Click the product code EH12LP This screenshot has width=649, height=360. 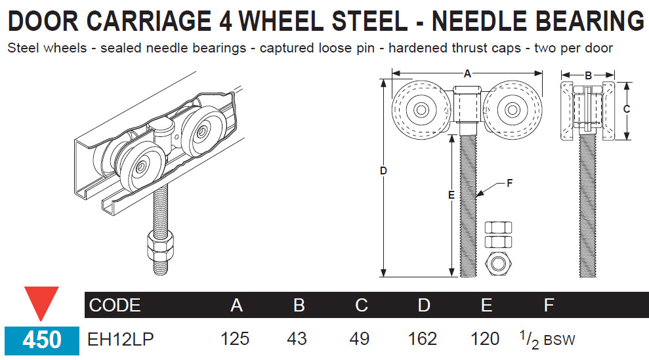click(x=121, y=338)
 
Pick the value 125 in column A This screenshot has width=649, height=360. click(x=235, y=338)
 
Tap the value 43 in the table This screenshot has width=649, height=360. click(x=297, y=338)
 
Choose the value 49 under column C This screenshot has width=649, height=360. click(x=360, y=338)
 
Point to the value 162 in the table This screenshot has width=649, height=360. click(x=422, y=338)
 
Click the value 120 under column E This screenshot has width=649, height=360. click(x=485, y=338)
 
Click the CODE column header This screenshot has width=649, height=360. click(x=115, y=305)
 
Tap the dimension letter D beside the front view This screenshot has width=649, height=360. click(x=384, y=171)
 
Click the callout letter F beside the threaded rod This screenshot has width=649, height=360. click(x=510, y=184)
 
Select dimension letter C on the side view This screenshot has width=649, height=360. click(x=627, y=110)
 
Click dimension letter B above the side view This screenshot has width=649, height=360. click(x=588, y=75)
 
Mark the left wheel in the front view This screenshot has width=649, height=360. click(x=418, y=108)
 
